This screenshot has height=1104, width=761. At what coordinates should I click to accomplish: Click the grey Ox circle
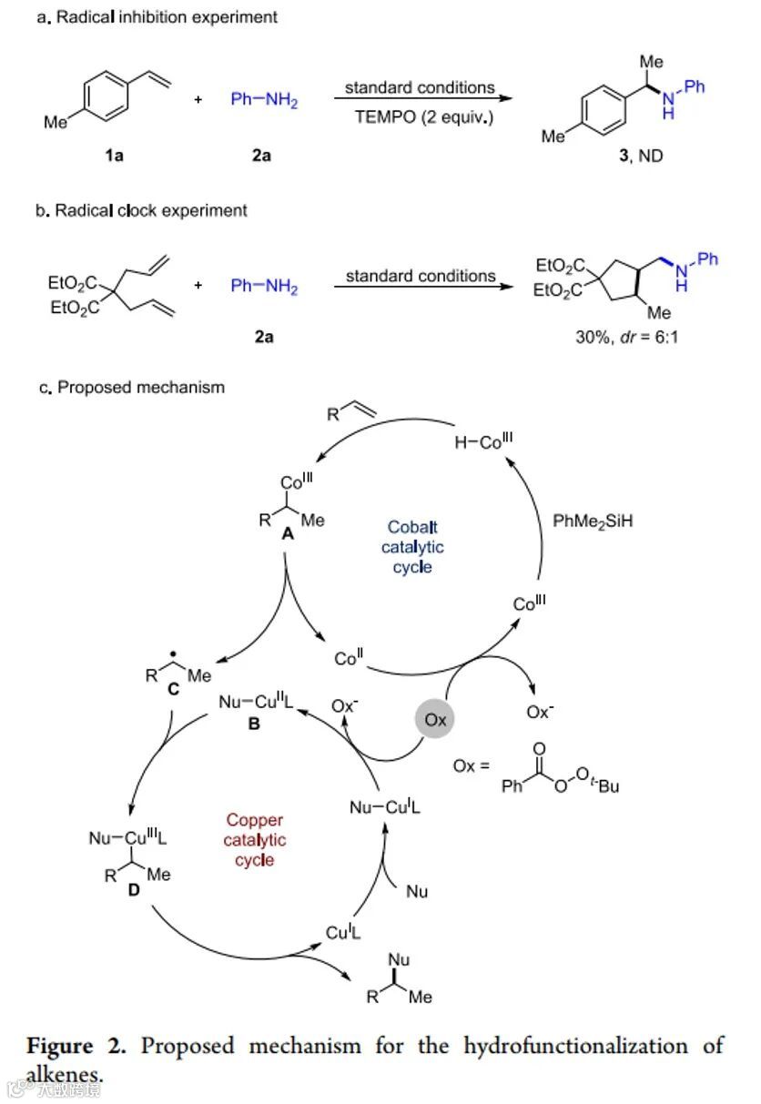(x=436, y=719)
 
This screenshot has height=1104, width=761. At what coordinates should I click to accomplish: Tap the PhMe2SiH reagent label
(x=594, y=522)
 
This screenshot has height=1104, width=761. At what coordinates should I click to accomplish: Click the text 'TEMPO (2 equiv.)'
(x=421, y=116)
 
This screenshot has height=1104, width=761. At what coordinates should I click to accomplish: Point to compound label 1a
(x=114, y=156)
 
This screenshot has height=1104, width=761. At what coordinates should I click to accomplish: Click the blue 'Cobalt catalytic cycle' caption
(x=412, y=546)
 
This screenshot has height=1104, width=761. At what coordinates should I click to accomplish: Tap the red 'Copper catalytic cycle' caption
(x=254, y=839)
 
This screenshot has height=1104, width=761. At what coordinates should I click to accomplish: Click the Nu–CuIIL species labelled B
(x=254, y=703)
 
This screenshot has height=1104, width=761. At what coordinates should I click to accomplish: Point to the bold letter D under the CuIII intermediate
(x=134, y=889)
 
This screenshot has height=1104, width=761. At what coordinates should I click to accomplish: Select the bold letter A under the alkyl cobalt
(x=288, y=536)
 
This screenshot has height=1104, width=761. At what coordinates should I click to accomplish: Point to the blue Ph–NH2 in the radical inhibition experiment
(x=264, y=100)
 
